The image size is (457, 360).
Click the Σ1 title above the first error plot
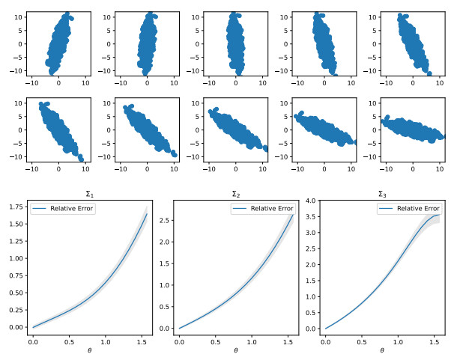[x=89, y=193]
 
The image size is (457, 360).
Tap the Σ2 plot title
[x=235, y=193]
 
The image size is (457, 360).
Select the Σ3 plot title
[x=381, y=193]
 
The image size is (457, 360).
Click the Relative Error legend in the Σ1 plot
[x=63, y=209]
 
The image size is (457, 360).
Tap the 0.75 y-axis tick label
[x=16, y=278]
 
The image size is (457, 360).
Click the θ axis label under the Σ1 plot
[x=89, y=350]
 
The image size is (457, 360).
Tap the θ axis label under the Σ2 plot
[x=235, y=350]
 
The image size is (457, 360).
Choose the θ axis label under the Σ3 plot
[x=381, y=350]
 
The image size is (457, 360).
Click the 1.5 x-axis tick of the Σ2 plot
[x=288, y=341]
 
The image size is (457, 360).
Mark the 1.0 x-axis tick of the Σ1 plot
[x=106, y=341]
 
